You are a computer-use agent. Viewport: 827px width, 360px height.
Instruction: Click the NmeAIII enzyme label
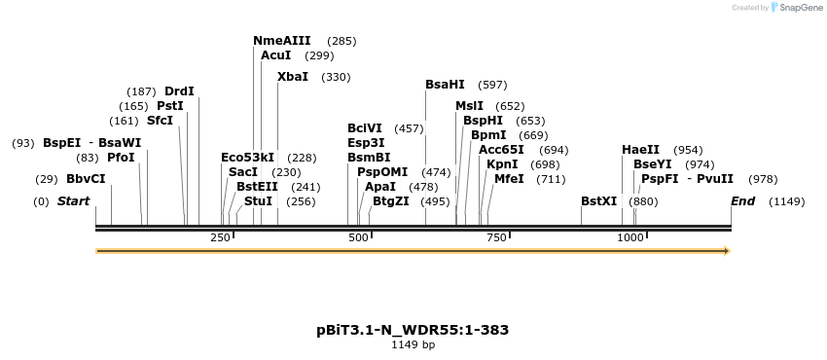click(281, 41)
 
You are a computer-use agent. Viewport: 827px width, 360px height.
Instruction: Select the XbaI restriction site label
click(293, 77)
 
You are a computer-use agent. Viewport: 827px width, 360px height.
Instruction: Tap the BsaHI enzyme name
click(446, 85)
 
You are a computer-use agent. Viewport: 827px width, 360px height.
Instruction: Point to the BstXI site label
click(598, 201)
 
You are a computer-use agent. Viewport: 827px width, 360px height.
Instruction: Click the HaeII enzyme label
click(640, 150)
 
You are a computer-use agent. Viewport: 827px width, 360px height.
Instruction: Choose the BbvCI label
click(86, 179)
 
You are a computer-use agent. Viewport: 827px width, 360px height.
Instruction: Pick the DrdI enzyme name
click(179, 91)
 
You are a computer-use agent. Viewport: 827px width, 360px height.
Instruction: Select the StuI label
click(259, 201)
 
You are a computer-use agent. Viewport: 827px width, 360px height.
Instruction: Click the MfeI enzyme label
click(510, 179)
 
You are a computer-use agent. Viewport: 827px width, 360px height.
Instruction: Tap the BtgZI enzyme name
click(391, 201)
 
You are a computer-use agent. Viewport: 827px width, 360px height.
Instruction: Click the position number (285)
click(342, 41)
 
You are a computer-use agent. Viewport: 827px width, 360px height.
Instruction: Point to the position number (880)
click(643, 201)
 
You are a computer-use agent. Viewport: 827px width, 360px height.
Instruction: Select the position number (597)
click(492, 85)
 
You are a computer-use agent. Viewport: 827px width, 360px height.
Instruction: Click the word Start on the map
click(73, 201)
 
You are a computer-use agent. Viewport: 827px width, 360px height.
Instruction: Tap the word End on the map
click(742, 201)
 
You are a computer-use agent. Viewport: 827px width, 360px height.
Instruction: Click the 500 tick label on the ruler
click(359, 238)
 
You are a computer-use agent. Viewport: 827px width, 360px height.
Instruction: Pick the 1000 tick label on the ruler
click(630, 238)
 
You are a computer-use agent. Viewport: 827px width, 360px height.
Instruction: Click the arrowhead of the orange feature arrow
click(725, 251)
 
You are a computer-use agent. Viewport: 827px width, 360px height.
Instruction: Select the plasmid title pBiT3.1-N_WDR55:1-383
click(413, 330)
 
